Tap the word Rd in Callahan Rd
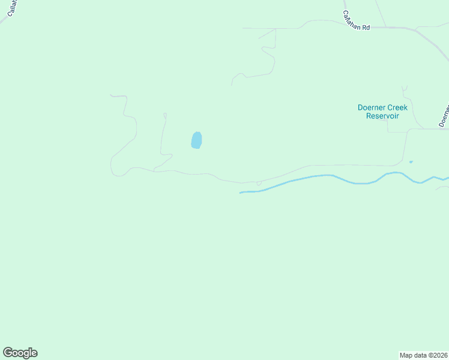tap(366, 27)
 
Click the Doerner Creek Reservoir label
tap(382, 112)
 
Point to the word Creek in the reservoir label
tap(396, 107)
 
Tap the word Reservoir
tap(382, 116)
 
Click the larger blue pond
tap(196, 140)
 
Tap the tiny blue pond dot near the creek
tap(411, 161)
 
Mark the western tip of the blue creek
tap(241, 193)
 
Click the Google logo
tap(20, 353)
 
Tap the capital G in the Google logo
tap(8, 353)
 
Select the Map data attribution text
tap(424, 355)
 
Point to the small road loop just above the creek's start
tap(259, 183)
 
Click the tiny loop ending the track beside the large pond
tap(164, 114)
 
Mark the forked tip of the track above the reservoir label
tap(405, 88)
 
